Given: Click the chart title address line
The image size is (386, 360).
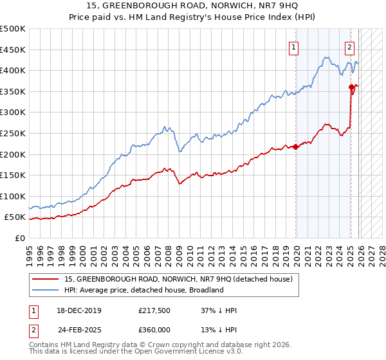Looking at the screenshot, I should tap(192, 7).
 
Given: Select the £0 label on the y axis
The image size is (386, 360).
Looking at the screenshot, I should tap(20, 238).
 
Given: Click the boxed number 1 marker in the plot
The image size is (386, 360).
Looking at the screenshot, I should tap(293, 46).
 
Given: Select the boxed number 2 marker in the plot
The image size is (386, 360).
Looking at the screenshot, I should tap(349, 46).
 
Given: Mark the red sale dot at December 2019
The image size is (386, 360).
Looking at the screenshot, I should tap(296, 147).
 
